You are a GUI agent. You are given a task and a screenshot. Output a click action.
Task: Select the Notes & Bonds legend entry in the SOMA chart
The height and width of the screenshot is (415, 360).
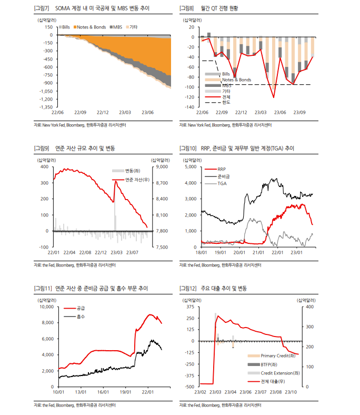[92, 27]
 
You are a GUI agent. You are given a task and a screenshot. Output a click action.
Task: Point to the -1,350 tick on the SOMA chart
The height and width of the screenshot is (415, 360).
[46, 107]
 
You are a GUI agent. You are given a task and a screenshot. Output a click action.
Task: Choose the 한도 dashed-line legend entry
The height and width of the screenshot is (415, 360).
[226, 103]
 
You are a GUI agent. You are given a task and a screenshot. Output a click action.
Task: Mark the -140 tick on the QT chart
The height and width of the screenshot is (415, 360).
[190, 107]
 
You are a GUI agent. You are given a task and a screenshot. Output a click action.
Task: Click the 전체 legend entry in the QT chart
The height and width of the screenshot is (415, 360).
[226, 97]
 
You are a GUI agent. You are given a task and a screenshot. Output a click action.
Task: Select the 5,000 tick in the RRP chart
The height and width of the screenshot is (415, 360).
[190, 166]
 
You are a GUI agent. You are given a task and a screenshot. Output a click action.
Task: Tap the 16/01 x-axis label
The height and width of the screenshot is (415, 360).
[103, 392]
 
